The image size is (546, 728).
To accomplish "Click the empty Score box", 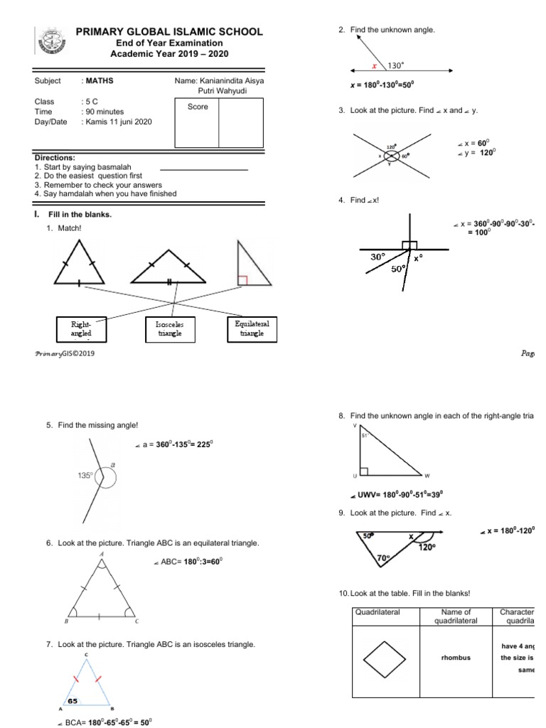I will [241, 122].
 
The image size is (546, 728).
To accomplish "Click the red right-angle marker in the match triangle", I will [242, 280].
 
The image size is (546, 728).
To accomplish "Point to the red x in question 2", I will [375, 65].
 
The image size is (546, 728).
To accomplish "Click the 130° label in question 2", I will [396, 65].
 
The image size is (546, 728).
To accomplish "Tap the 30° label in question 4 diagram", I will [378, 257].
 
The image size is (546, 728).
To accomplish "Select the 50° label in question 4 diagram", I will [400, 269].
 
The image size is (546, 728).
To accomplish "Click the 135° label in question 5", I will [85, 476].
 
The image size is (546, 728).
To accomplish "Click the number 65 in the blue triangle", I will [73, 700].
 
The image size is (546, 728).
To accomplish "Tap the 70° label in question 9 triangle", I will [383, 559].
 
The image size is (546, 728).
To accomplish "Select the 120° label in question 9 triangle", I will [427, 547].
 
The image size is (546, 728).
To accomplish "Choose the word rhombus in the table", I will [456, 658].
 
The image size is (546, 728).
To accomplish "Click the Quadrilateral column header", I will [381, 611].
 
